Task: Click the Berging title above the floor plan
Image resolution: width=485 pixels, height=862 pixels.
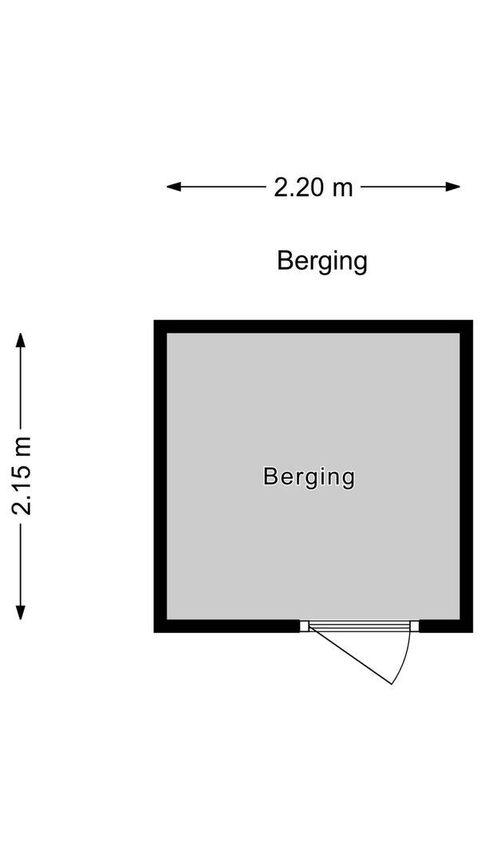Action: click(x=321, y=261)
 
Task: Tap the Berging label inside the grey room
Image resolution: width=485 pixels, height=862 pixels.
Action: click(x=309, y=477)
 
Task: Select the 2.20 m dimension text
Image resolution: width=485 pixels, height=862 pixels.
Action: click(x=313, y=188)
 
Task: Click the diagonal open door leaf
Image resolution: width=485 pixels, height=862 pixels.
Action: click(x=351, y=656)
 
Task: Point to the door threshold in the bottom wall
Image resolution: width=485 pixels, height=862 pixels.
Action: click(x=360, y=626)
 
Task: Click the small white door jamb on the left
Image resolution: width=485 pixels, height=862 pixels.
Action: click(x=304, y=626)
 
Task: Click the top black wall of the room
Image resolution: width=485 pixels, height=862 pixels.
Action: click(x=313, y=326)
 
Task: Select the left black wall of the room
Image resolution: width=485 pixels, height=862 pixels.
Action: click(x=160, y=476)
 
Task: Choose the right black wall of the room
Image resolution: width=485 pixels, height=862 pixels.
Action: click(x=467, y=476)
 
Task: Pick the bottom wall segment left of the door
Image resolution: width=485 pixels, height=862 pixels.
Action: click(x=227, y=626)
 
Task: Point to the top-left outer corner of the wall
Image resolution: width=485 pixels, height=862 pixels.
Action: click(x=155, y=321)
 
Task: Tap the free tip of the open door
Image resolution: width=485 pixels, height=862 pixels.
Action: click(x=392, y=684)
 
